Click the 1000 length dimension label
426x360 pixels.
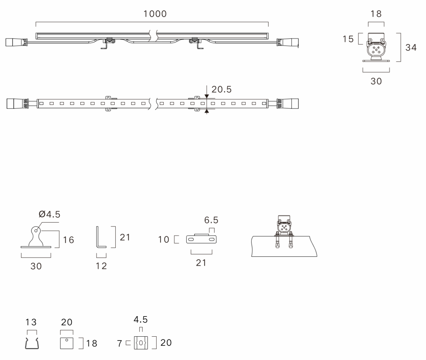click(x=155, y=14)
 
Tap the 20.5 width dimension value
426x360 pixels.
click(x=221, y=89)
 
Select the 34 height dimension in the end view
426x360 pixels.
click(x=411, y=48)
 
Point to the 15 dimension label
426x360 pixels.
click(x=348, y=39)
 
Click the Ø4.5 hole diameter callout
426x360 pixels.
click(x=49, y=214)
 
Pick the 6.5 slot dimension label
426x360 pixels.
click(x=211, y=220)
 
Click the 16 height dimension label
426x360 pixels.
click(x=68, y=240)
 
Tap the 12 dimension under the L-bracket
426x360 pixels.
click(x=101, y=266)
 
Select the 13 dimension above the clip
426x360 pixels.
click(x=31, y=322)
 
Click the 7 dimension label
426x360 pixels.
click(x=120, y=344)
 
